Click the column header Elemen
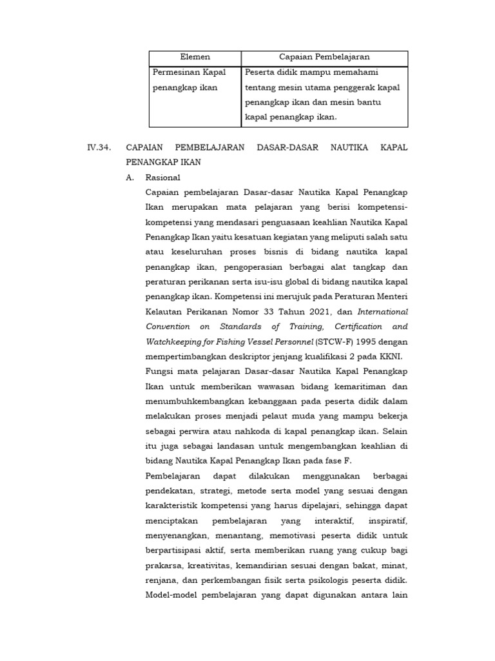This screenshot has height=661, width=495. pos(195,57)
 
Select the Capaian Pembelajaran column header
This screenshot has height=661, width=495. pos(324,57)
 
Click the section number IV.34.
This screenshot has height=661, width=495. pos(99,148)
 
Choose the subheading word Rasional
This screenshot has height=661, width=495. pos(163,178)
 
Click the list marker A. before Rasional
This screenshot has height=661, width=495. pos(131,178)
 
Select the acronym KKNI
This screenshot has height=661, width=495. pos(395,356)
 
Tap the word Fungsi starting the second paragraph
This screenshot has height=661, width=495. pos(159,371)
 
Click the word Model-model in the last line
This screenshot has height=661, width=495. pos(171,595)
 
